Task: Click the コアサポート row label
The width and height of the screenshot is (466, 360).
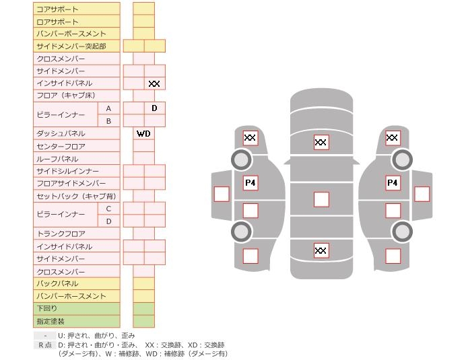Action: click(x=76, y=9)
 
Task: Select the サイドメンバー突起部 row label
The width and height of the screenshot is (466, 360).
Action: click(x=76, y=46)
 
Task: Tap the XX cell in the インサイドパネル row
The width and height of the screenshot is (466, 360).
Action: click(x=154, y=83)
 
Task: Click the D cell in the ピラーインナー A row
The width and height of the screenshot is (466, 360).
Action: click(x=154, y=108)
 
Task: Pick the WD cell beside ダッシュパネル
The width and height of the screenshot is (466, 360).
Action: click(x=143, y=133)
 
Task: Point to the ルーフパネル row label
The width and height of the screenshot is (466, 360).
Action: click(x=76, y=159)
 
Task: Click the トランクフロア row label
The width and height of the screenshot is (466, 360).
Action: click(x=76, y=233)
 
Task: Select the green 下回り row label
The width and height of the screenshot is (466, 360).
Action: click(x=76, y=308)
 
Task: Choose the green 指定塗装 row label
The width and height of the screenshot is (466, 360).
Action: click(x=76, y=321)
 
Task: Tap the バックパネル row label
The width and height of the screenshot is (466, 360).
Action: click(x=76, y=283)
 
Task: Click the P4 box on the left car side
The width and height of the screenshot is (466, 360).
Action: click(x=251, y=182)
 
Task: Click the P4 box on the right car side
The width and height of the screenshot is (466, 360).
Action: click(x=393, y=182)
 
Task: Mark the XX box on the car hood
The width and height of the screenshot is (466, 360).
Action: click(x=321, y=142)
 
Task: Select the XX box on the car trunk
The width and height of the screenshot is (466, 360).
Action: click(x=321, y=250)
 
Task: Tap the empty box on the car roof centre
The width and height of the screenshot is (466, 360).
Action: click(x=321, y=199)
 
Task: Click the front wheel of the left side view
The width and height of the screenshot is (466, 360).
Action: click(x=241, y=159)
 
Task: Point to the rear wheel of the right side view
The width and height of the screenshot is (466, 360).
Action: click(x=402, y=231)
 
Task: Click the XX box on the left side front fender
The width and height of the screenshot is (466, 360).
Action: click(x=251, y=138)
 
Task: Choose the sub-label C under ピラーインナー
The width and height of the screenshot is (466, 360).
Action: click(x=108, y=209)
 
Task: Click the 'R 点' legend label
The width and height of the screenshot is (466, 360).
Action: click(x=44, y=345)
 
